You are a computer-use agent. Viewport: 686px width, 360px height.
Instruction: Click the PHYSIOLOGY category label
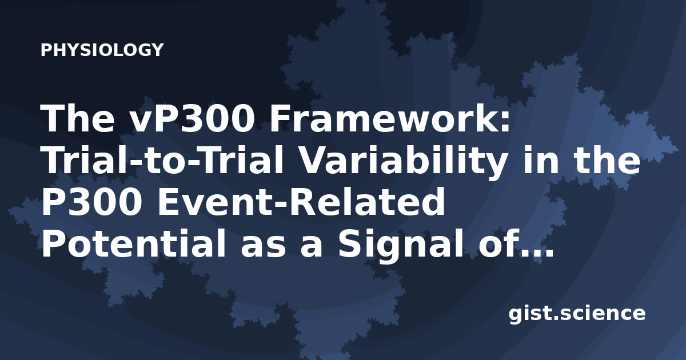[102, 50]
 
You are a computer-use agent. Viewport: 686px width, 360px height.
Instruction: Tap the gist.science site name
[577, 314]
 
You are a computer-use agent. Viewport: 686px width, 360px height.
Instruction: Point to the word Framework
[380, 118]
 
